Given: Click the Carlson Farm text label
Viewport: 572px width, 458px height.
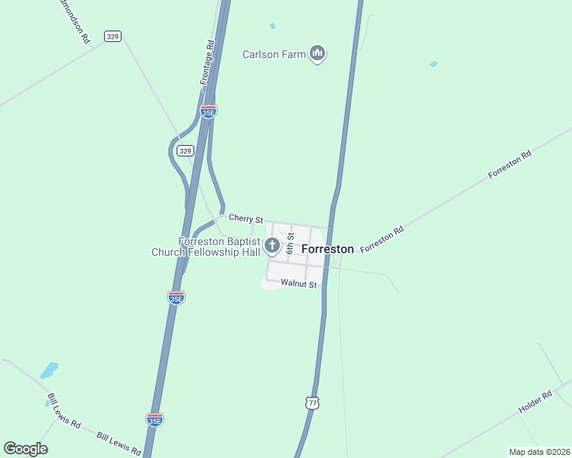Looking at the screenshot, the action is pyautogui.click(x=275, y=54).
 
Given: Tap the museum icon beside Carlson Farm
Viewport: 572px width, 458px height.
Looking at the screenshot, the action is pyautogui.click(x=318, y=53).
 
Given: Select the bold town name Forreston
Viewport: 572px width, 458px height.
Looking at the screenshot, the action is pyautogui.click(x=327, y=249).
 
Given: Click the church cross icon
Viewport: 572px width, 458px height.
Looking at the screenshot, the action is pyautogui.click(x=272, y=246).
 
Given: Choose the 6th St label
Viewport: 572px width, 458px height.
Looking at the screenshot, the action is pyautogui.click(x=291, y=244).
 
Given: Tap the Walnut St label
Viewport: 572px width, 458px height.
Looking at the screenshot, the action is pyautogui.click(x=298, y=283).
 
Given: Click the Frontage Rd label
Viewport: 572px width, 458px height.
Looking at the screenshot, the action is pyautogui.click(x=206, y=63).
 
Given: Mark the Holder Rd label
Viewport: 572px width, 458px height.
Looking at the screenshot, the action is pyautogui.click(x=535, y=403).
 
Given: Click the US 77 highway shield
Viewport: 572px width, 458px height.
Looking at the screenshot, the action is pyautogui.click(x=310, y=402).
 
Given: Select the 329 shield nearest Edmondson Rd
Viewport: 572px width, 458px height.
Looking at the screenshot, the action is pyautogui.click(x=113, y=36).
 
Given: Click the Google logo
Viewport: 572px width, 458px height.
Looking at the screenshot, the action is pyautogui.click(x=25, y=449).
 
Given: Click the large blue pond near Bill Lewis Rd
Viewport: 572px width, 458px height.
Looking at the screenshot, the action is pyautogui.click(x=49, y=371).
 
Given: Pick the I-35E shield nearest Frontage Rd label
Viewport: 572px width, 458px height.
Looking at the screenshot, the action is pyautogui.click(x=208, y=111).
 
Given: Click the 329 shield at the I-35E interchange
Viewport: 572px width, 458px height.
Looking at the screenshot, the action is pyautogui.click(x=184, y=150).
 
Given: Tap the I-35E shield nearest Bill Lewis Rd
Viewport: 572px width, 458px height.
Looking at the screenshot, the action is pyautogui.click(x=154, y=419).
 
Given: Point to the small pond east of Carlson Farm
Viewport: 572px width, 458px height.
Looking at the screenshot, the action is pyautogui.click(x=434, y=64).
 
